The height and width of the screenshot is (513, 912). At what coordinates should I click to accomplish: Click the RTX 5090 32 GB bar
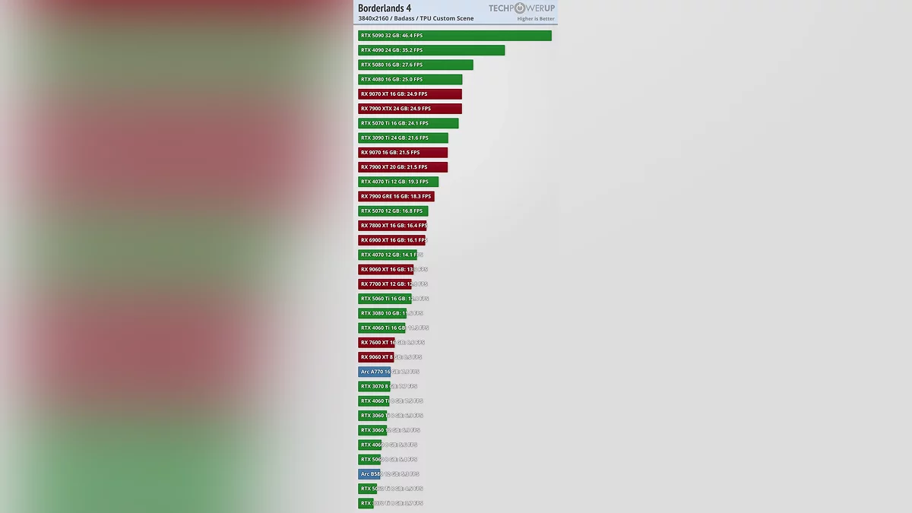454,36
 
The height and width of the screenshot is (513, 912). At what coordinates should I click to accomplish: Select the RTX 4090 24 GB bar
431,50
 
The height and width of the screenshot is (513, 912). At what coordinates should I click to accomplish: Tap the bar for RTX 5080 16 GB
415,65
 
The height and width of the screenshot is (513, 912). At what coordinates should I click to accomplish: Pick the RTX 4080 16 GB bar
410,79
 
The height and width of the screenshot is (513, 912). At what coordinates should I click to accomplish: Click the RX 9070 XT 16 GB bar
410,94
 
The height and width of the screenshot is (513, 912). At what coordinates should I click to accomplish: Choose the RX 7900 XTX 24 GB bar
410,109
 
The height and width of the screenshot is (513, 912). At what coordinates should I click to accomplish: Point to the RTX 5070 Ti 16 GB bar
408,123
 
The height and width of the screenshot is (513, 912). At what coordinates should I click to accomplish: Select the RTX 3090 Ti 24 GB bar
403,138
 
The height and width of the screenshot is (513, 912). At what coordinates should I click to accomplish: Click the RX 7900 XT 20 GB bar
403,167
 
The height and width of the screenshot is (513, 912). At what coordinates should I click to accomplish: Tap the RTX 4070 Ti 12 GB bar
398,182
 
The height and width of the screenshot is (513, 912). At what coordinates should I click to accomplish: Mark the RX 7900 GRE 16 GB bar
396,196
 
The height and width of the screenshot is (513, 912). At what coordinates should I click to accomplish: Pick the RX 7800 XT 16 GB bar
392,226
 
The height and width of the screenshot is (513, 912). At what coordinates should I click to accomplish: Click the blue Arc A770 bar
374,372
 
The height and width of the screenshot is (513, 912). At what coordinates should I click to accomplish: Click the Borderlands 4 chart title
385,8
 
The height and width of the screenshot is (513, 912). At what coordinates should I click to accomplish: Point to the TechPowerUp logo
521,8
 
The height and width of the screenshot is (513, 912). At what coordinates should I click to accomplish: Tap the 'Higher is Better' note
536,19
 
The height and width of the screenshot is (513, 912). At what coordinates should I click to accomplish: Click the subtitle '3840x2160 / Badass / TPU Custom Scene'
416,19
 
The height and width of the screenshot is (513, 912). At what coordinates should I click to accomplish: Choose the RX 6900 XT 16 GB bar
391,240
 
